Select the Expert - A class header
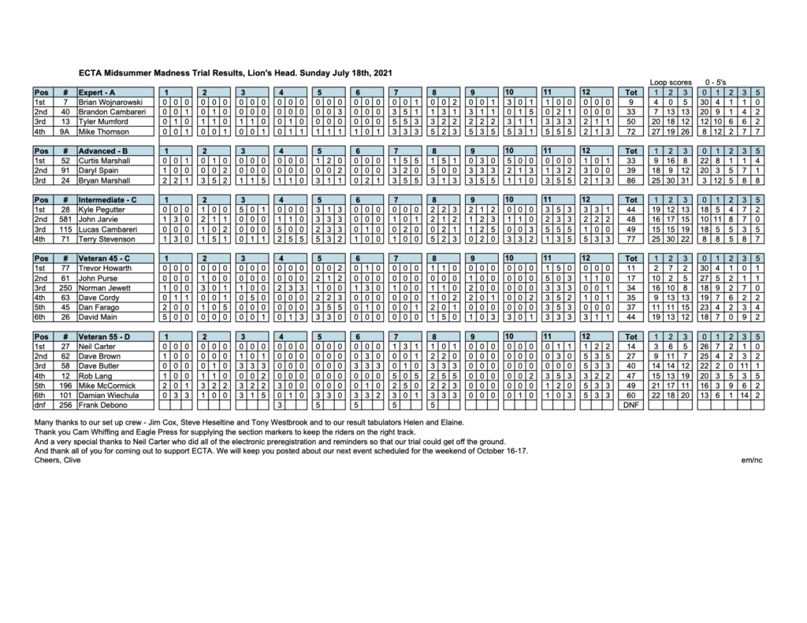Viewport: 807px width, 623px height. point(99,92)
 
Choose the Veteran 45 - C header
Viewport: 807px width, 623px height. point(105,258)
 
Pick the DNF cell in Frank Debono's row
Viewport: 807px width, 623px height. point(630,405)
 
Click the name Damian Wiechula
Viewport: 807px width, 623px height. point(108,395)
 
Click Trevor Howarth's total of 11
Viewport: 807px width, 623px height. point(630,267)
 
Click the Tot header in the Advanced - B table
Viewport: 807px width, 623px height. point(630,150)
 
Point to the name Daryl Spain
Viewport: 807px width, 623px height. point(98,169)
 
